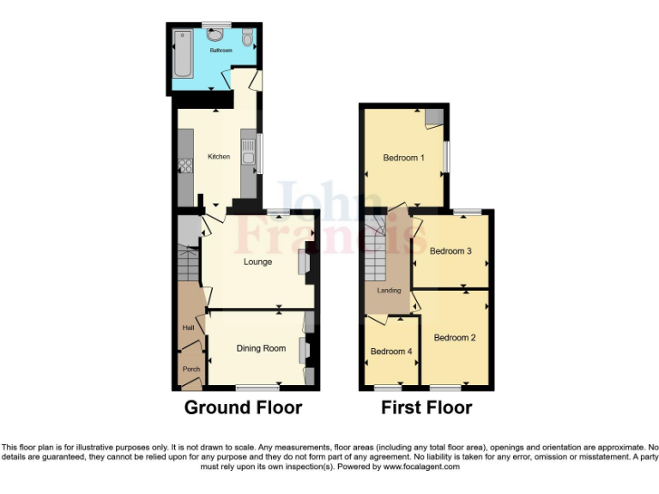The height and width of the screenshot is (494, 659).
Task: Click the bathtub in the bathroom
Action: (x=183, y=52)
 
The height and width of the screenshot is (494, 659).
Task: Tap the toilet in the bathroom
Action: (x=247, y=38)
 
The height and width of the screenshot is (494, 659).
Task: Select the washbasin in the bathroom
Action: (x=215, y=34)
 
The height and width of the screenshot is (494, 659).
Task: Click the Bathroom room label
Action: (x=221, y=51)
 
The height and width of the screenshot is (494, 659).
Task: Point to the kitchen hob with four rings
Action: (x=184, y=166)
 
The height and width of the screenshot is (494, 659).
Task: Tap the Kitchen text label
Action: (x=219, y=157)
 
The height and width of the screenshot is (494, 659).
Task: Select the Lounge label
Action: (x=257, y=262)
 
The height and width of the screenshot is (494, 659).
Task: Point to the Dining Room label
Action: (x=261, y=348)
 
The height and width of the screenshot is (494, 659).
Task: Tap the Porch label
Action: (x=190, y=370)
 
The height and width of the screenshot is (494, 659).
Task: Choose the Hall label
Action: (x=187, y=328)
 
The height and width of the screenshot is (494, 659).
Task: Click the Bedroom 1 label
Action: (x=403, y=158)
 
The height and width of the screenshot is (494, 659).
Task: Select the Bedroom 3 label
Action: (x=450, y=251)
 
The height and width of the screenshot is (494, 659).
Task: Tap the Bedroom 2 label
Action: (x=454, y=338)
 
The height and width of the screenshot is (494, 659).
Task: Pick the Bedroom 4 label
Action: (x=390, y=352)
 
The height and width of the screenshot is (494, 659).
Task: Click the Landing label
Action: (x=389, y=291)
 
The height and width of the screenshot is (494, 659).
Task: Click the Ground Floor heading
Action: (x=243, y=407)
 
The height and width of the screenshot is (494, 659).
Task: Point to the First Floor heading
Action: (x=426, y=407)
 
